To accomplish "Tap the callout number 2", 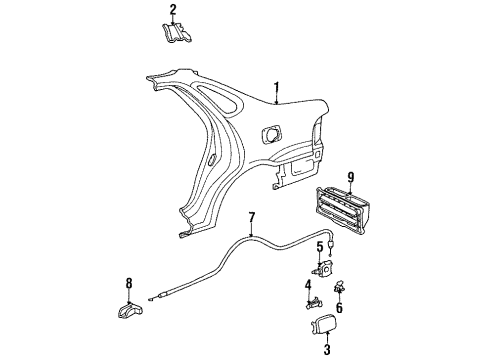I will (x=172, y=10).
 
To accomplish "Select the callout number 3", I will (x=325, y=349).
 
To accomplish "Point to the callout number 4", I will (x=308, y=285).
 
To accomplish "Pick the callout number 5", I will (x=320, y=246).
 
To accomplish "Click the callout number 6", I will (x=337, y=307).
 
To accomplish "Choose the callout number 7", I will (x=253, y=217).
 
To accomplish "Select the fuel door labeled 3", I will (x=326, y=325).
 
